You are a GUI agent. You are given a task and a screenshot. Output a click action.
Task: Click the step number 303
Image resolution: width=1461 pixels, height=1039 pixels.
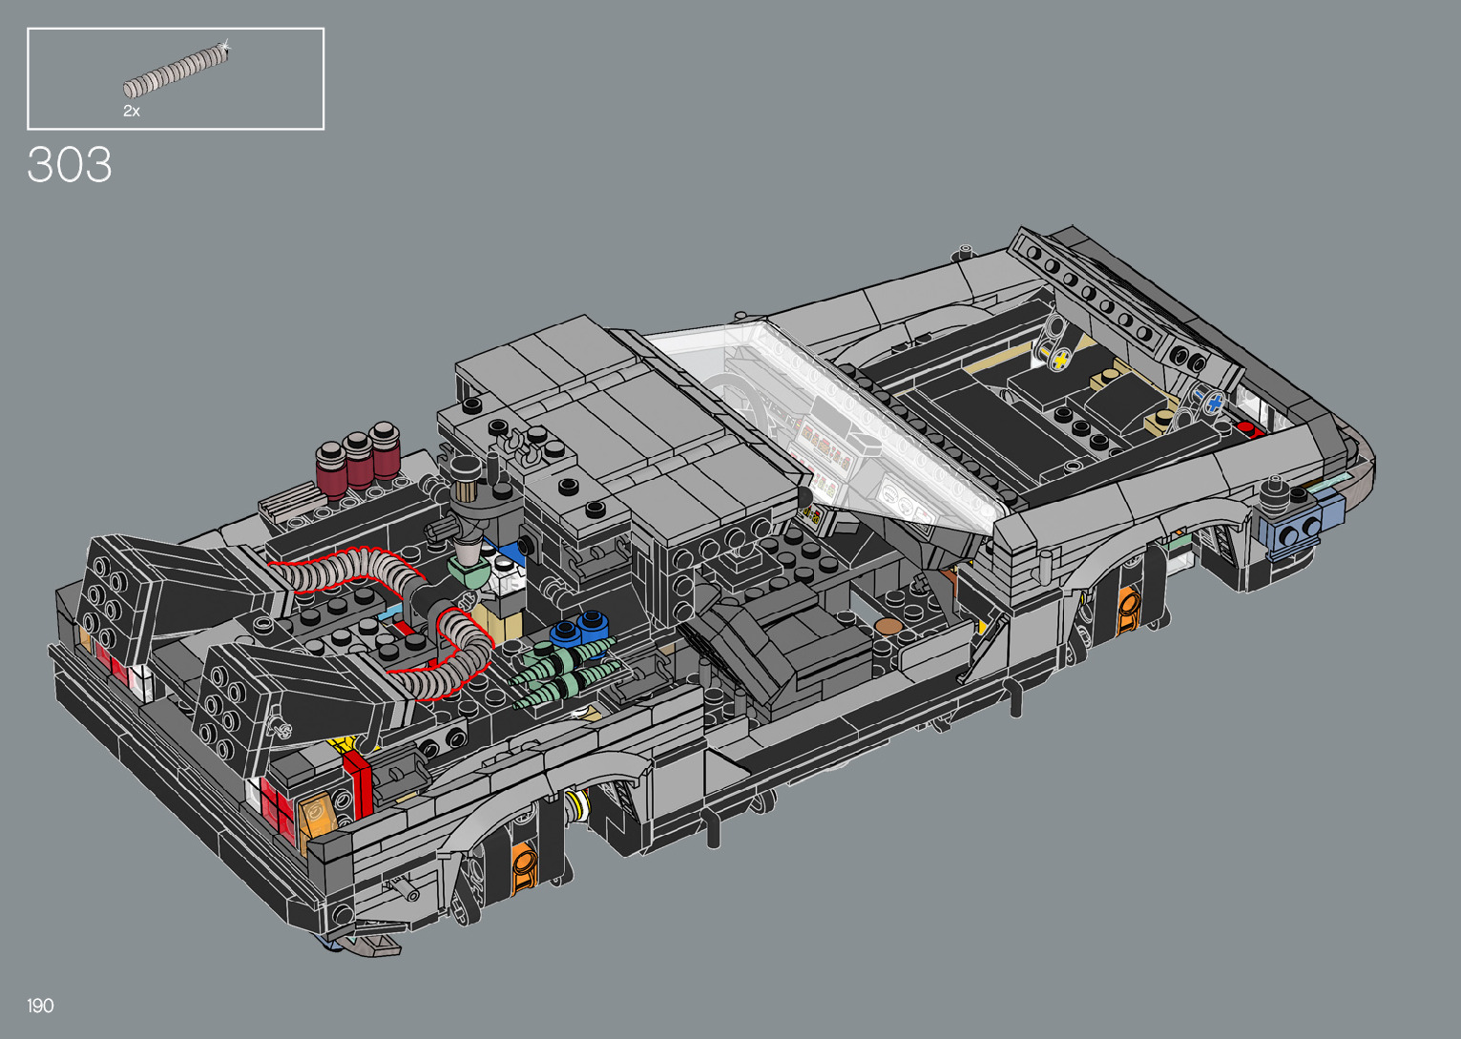coord(69,164)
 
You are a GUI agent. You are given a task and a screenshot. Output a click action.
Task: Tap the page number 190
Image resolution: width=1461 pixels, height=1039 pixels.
coord(40,1006)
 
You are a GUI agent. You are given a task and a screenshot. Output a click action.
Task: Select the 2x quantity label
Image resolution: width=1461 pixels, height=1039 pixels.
coord(131,111)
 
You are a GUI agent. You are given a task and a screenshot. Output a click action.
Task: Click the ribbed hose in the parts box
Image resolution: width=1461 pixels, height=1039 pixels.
coord(177,71)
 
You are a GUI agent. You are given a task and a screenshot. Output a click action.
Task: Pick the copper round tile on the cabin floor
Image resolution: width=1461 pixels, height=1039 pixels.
coord(888,627)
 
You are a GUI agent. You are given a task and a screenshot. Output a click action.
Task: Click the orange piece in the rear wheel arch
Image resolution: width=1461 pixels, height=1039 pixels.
coord(525,865)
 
